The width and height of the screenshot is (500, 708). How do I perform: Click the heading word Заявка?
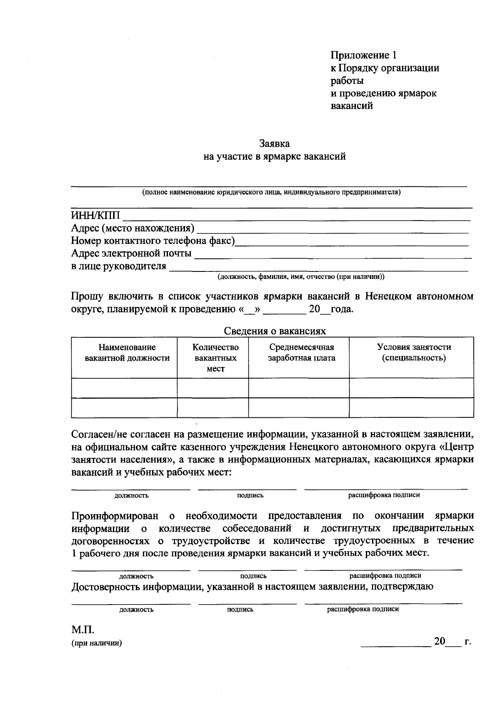pos(274,144)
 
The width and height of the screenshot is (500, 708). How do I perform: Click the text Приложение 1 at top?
pos(364,55)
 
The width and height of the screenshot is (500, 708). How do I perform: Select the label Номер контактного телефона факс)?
pos(152,241)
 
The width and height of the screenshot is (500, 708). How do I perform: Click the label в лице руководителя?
pos(118,266)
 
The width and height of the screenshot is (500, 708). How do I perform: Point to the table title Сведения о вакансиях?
pos(275,331)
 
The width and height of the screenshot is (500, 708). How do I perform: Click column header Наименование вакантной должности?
pos(127,353)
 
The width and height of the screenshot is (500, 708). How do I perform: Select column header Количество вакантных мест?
pos(215,358)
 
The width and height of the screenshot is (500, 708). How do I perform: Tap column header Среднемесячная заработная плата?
pos(301,353)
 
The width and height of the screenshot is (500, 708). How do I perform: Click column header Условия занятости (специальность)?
pos(413,353)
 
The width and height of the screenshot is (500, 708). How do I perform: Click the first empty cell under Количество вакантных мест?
pos(213,388)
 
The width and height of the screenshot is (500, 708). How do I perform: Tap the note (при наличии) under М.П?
pos(97,643)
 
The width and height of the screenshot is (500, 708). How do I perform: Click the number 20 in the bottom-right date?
pos(440,641)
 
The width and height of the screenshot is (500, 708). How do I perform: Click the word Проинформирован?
pos(115,516)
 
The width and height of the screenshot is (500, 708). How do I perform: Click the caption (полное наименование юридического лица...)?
pos(271,193)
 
